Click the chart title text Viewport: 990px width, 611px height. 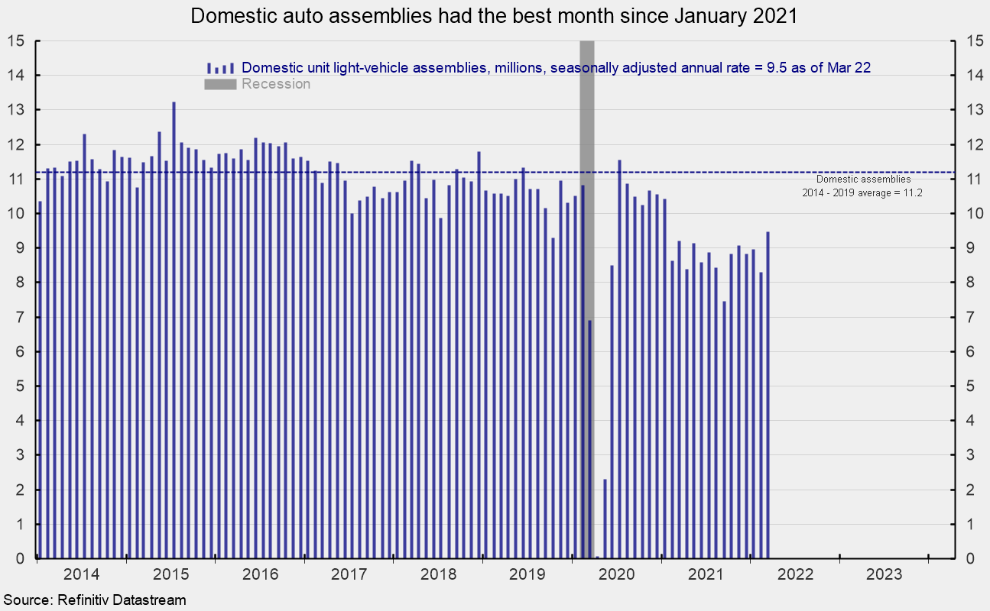494,17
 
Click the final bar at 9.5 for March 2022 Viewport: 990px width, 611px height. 768,397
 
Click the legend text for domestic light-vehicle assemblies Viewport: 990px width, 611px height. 557,67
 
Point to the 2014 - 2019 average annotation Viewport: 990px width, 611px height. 862,186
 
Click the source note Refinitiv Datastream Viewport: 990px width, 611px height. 94,600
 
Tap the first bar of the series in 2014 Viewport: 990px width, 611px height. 41,382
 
